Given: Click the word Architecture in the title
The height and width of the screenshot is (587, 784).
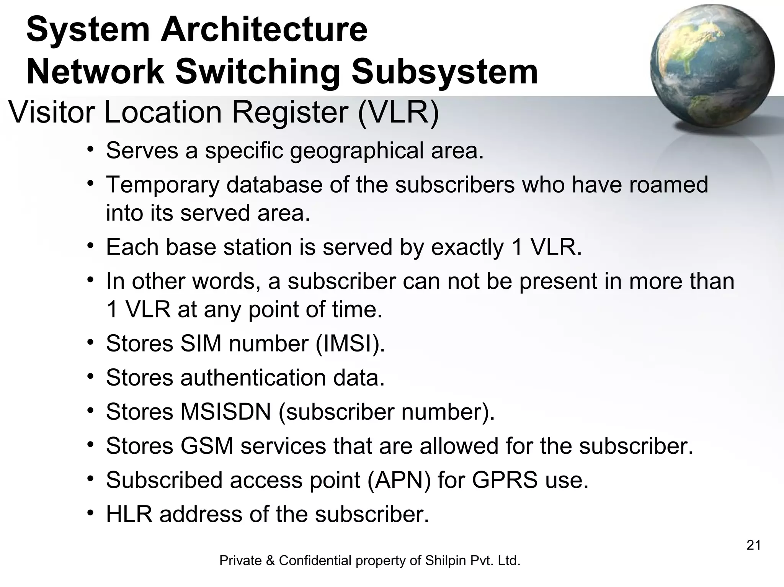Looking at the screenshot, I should click(x=264, y=29).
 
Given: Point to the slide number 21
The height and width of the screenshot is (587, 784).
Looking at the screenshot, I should click(x=753, y=545).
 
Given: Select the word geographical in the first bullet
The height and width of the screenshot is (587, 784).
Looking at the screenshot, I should click(x=356, y=150).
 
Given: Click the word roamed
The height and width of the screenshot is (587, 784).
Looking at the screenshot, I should click(x=669, y=185).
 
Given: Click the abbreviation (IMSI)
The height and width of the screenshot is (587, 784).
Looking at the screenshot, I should click(x=350, y=343).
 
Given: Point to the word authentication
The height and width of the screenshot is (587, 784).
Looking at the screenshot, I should click(x=253, y=378).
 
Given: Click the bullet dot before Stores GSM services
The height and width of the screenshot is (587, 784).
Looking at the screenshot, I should click(x=90, y=445).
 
